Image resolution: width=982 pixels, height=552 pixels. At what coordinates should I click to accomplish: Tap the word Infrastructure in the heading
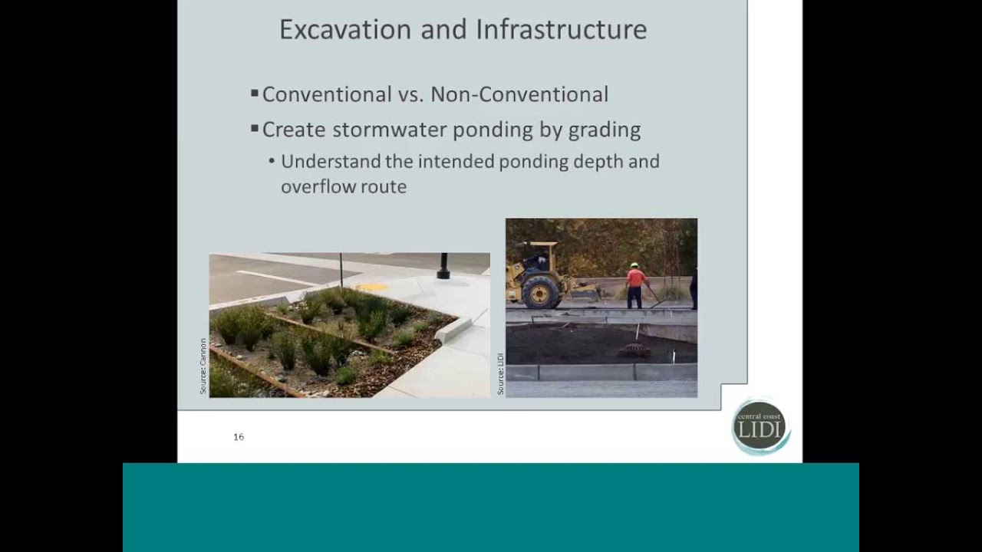point(561,30)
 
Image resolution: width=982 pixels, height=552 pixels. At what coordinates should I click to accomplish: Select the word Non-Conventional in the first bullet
point(519,94)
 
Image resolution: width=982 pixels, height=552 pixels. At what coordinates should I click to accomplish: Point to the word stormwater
point(383,130)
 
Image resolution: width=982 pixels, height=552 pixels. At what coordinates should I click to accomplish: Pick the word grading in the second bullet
point(604,130)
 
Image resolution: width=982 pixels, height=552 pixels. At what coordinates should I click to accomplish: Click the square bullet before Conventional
point(254,94)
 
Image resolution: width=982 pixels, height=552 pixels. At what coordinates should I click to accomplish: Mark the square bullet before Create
point(254,129)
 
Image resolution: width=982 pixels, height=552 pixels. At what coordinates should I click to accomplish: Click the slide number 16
point(239,437)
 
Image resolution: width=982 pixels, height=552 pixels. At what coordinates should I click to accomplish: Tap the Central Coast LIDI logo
point(760,427)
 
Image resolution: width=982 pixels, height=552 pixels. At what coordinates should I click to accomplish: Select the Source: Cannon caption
point(203,366)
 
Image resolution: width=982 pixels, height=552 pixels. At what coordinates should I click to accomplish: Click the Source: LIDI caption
point(500,374)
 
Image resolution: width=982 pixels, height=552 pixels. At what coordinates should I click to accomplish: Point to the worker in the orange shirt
point(635,284)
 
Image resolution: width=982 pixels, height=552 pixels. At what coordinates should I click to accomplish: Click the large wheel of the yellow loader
point(541,292)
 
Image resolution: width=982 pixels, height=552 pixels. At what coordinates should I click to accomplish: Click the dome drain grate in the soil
point(634,350)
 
